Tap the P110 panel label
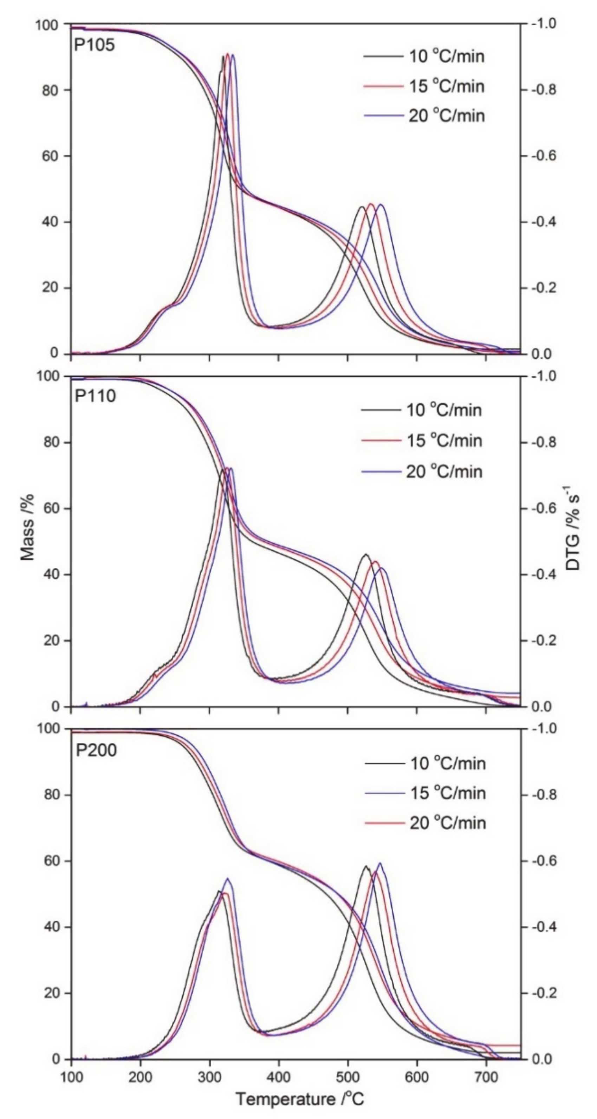95,396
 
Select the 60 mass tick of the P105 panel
51,156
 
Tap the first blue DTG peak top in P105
233,55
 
